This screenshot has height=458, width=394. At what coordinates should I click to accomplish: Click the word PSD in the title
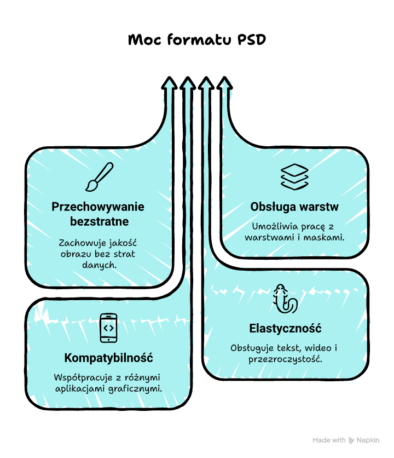pos(251,40)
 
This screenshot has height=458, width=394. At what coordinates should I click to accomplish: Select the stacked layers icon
pos(294,176)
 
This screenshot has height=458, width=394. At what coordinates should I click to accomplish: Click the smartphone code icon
pos(108,328)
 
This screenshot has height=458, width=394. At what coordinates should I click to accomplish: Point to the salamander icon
pos(285,299)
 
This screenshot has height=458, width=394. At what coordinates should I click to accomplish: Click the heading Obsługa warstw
pos(294,207)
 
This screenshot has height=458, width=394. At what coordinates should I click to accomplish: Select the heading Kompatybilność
pos(108,358)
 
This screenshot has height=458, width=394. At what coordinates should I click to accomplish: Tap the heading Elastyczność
pos(285,329)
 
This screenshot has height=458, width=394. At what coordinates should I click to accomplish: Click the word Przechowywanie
pos(98,207)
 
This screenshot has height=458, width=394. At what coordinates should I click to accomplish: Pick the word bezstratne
pos(100,221)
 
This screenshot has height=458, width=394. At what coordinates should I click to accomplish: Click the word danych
pos(100,265)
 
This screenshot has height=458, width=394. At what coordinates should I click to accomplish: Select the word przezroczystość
pos(285,359)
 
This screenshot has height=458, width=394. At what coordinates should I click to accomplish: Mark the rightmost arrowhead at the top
pos(223,83)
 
